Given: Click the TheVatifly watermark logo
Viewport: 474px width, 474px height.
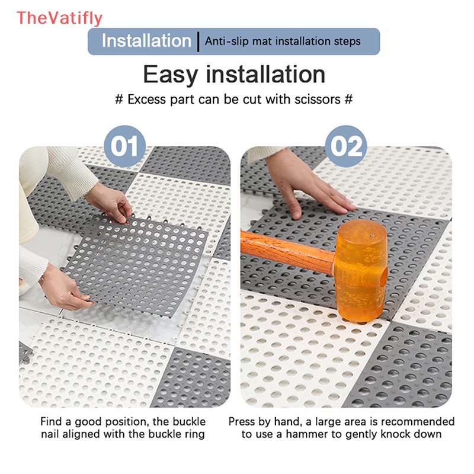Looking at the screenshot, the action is tap(60, 18).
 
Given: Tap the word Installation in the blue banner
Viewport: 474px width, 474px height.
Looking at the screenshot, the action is tap(146, 41).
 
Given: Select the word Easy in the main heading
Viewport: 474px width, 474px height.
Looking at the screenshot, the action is tap(171, 75).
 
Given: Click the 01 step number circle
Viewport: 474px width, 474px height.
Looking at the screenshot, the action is tap(125, 146).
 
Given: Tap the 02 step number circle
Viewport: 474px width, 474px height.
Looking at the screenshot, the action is tap(346, 146).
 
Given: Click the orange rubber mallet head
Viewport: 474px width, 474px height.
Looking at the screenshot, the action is tap(361, 271).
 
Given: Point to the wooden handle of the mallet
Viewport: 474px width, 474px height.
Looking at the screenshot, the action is tap(287, 251).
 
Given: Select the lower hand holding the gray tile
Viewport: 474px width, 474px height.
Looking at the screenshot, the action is tap(63, 287).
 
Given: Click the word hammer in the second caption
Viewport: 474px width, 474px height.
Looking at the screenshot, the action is tap(306, 434).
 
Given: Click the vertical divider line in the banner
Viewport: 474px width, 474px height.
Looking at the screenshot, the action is tap(198, 41).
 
